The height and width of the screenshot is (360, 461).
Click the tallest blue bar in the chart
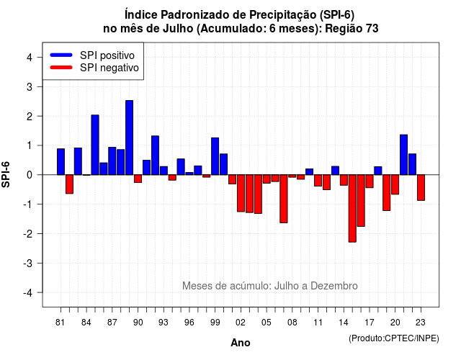pos(129,138)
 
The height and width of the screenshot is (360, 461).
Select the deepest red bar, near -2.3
pos(352,208)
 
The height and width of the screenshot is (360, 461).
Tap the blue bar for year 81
pos(61,161)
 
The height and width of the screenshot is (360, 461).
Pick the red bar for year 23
pos(421,187)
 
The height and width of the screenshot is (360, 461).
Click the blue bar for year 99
pos(215,156)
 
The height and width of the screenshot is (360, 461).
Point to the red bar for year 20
pos(395,184)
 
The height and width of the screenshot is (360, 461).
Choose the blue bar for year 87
pos(112,161)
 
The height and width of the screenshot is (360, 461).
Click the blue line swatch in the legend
pos(61,55)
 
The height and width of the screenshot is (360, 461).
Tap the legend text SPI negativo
pos(109,68)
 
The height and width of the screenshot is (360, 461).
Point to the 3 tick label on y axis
pos(30,86)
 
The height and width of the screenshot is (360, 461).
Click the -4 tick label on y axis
pos(29,293)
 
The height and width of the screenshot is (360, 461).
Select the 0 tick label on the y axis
pos(30,175)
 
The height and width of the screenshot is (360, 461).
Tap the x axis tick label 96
pos(189,323)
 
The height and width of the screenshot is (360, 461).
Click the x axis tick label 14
pos(344,323)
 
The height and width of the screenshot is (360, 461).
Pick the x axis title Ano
pos(241,343)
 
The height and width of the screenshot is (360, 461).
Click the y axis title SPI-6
pos(6,174)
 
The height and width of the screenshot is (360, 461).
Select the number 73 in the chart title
pos(372,29)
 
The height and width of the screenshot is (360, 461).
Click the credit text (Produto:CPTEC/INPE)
pos(394,338)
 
